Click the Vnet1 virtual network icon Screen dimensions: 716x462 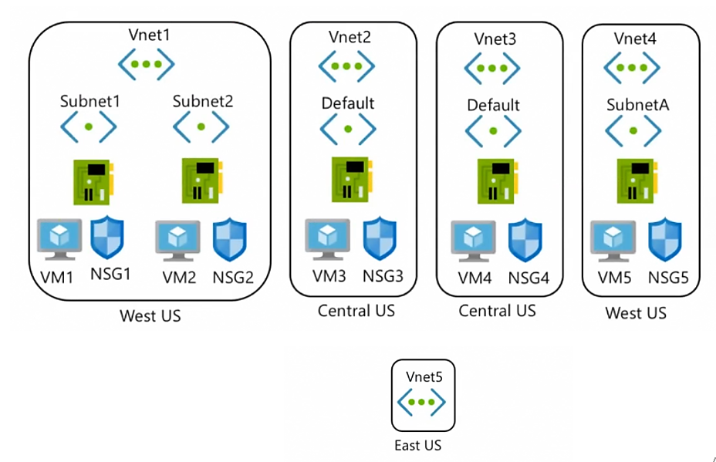pyautogui.click(x=146, y=64)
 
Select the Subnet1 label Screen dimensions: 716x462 pyautogui.click(x=90, y=101)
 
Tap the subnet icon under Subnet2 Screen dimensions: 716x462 pyautogui.click(x=201, y=127)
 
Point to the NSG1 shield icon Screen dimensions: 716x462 pyautogui.click(x=107, y=238)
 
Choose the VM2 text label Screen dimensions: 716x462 pyautogui.click(x=179, y=277)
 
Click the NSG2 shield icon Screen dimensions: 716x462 pyautogui.click(x=230, y=239)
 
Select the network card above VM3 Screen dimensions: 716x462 pyautogui.click(x=351, y=180)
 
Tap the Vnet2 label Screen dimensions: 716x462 pyautogui.click(x=350, y=37)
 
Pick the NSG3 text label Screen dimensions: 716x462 pyautogui.click(x=383, y=276)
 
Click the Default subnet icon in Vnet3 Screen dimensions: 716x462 pyautogui.click(x=493, y=131)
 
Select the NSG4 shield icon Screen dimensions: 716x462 pyautogui.click(x=525, y=240)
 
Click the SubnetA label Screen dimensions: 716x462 pyautogui.click(x=638, y=105)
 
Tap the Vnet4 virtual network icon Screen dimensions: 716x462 pyautogui.click(x=632, y=68)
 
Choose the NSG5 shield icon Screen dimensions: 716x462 pyautogui.click(x=665, y=239)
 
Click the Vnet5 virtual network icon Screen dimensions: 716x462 pyautogui.click(x=421, y=402)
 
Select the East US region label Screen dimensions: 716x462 pyautogui.click(x=418, y=445)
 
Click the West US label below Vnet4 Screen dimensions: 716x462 pyautogui.click(x=636, y=313)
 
